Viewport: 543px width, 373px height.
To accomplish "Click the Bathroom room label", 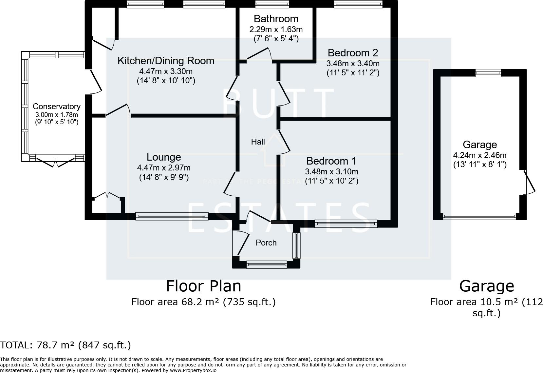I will [x=276, y=19].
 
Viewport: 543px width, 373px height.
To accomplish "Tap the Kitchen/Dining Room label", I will [x=166, y=61].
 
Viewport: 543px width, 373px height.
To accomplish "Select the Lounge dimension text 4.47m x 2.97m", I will [x=164, y=168].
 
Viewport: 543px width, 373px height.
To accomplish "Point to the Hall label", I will [x=258, y=142].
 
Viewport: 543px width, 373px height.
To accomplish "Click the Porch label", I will [x=266, y=243].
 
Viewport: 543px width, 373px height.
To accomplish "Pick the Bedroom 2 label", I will [x=353, y=53].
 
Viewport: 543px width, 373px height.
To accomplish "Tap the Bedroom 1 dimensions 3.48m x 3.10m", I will [x=331, y=171].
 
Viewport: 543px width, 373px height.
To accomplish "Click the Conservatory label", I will [x=56, y=107].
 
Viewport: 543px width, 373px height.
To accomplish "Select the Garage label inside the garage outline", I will [x=480, y=145].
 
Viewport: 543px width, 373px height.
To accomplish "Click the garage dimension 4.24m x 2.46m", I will [x=480, y=155].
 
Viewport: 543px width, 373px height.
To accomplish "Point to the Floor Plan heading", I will [x=203, y=286].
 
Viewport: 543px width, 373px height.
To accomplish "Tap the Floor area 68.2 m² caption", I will [x=203, y=302].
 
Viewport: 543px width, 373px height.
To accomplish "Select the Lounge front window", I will [x=172, y=216].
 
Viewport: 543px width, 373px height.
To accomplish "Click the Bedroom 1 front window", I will [x=346, y=224].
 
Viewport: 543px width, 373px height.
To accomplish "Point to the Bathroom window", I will [x=272, y=4].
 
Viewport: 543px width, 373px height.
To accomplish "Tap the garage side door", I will [x=528, y=182].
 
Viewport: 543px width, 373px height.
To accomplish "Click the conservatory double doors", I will [x=56, y=162].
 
